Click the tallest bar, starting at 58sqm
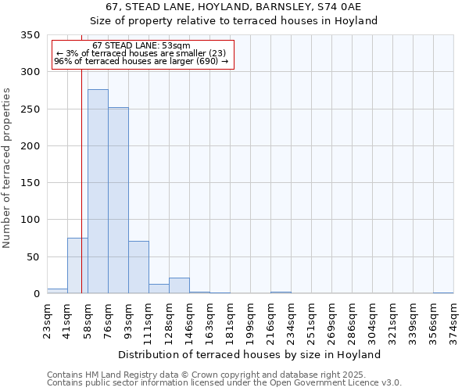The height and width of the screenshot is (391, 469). pyautogui.click(x=98, y=192)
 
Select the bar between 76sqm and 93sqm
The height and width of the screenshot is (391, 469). pyautogui.click(x=118, y=200)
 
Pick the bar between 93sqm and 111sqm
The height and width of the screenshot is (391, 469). pyautogui.click(x=138, y=267)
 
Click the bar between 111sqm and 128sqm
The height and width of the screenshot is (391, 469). pyautogui.click(x=159, y=289)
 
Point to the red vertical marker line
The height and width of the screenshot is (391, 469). pyautogui.click(x=81, y=156)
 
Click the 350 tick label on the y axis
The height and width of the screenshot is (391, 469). pyautogui.click(x=30, y=35)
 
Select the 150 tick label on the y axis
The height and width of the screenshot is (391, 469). pyautogui.click(x=30, y=183)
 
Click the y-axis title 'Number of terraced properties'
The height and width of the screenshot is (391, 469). pyautogui.click(x=7, y=168)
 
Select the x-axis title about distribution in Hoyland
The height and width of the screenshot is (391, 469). pyautogui.click(x=250, y=354)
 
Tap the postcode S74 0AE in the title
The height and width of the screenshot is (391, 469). pyautogui.click(x=335, y=7)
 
